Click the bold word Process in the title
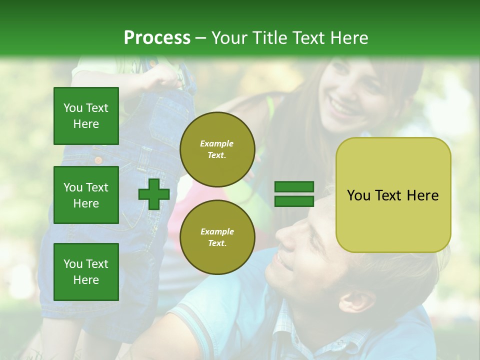pos(157,37)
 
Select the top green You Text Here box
pos(86,116)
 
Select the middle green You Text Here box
pos(86,195)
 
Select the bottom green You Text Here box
pos(86,271)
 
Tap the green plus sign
pos(154,194)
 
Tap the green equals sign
pos(294,194)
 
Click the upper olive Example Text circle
pos(217,149)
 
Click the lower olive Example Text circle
pos(217,237)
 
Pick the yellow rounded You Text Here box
pos(393,195)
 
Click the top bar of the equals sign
pos(294,187)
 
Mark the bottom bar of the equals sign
pos(294,201)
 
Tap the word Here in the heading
pos(350,37)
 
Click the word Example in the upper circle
pos(217,143)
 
